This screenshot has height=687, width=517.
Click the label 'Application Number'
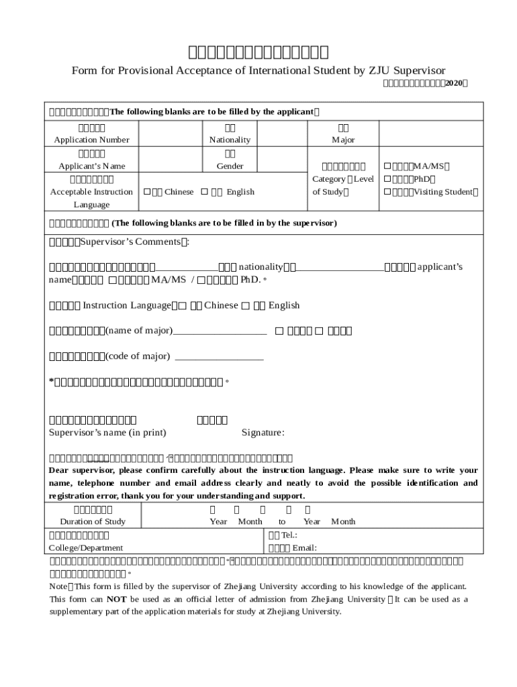[x=91, y=140]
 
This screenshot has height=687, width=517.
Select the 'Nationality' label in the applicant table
[x=230, y=140]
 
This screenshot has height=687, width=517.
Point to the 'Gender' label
[x=230, y=166]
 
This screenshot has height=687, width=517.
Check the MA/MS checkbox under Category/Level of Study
[x=387, y=166]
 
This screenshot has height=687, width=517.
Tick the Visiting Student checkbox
[x=387, y=192]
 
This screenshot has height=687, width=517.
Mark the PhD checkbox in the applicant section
[x=387, y=179]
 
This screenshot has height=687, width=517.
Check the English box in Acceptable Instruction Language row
[x=204, y=192]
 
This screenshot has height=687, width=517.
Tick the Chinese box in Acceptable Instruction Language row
[x=146, y=192]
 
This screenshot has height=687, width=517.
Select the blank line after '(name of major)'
[x=220, y=331]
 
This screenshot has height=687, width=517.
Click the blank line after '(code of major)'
[x=219, y=356]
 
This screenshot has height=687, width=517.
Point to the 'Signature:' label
[x=263, y=433]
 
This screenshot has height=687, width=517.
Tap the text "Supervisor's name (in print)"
[x=107, y=433]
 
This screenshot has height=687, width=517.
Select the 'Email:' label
[x=304, y=548]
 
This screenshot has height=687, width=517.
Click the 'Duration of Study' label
[x=93, y=522]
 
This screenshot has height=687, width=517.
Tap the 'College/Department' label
[x=86, y=548]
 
